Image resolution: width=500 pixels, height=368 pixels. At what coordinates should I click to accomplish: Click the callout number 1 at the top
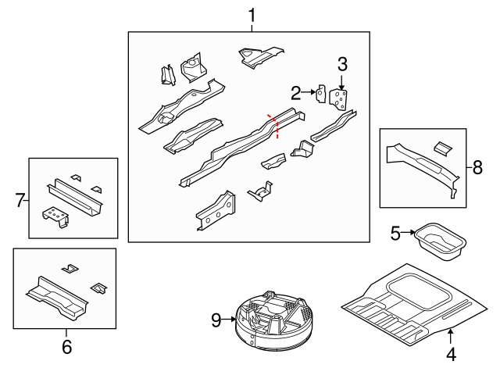point(252,16)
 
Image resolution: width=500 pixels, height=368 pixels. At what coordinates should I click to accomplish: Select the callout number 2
point(296,93)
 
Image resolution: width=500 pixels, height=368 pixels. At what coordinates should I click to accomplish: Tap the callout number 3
point(342,64)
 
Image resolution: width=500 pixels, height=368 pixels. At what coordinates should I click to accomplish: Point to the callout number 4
point(451,354)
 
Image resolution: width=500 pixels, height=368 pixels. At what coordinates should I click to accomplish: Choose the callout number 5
point(395,233)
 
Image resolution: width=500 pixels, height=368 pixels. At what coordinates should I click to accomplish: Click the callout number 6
point(66,346)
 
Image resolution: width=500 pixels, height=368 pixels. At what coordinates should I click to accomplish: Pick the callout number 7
point(20,200)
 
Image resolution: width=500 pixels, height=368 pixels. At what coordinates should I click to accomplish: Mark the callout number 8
point(477,167)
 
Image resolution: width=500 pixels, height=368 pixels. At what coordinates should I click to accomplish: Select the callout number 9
point(216,320)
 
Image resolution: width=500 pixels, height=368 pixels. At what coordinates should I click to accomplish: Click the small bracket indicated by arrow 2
point(320,94)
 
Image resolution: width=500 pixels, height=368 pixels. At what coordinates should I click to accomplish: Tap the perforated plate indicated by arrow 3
point(338,99)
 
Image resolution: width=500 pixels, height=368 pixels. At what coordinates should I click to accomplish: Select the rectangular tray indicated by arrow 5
point(441,241)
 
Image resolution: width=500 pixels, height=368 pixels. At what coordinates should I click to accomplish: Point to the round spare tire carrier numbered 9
point(274,320)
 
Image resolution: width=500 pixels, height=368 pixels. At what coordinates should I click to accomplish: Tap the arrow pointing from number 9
point(229,320)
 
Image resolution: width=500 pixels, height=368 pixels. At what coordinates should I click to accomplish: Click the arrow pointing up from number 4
point(450,338)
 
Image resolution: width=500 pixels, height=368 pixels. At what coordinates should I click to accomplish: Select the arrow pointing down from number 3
point(342,82)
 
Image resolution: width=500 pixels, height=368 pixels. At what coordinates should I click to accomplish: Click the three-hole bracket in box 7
point(55,217)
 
